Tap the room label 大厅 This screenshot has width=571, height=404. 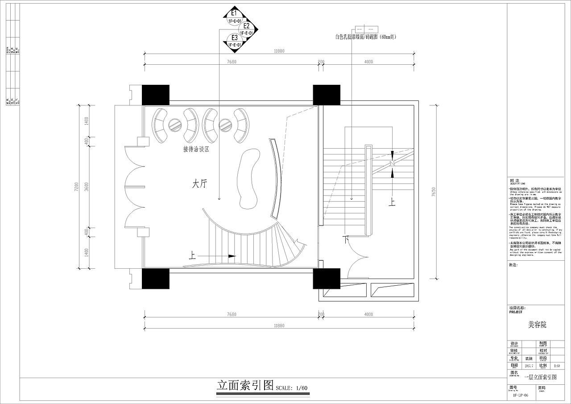(199, 183)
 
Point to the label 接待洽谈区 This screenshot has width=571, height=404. (196, 150)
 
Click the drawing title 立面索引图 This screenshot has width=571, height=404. (245, 385)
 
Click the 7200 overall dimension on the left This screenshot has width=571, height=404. (77, 187)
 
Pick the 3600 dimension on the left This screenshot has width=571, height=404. (87, 187)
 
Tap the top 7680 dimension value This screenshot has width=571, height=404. (231, 62)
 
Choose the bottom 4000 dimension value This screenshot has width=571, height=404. (368, 315)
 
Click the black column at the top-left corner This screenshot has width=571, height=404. (156, 95)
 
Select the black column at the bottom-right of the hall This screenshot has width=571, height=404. (327, 278)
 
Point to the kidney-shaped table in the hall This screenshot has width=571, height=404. (250, 179)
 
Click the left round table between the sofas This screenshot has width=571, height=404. (175, 125)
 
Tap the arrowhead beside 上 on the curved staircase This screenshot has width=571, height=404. (232, 256)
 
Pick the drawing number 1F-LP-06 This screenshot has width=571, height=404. (520, 396)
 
